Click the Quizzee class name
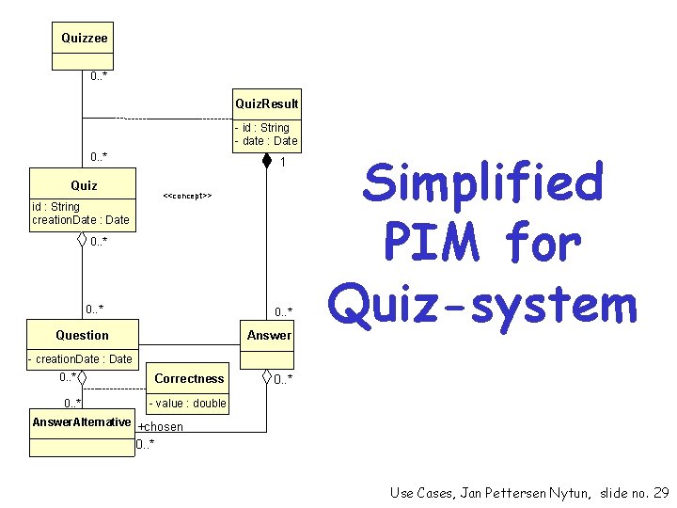84,39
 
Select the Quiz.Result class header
266,103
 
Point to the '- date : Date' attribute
266,141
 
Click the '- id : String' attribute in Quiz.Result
262,128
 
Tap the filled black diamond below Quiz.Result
267,159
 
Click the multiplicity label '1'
282,163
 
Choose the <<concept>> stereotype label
187,196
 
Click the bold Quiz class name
84,185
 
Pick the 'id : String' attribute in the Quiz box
55,207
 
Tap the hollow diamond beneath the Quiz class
83,240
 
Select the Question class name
82,335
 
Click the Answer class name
269,335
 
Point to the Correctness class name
189,378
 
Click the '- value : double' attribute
188,404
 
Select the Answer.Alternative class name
81,421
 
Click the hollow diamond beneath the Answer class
266,378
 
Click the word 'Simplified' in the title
482,183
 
